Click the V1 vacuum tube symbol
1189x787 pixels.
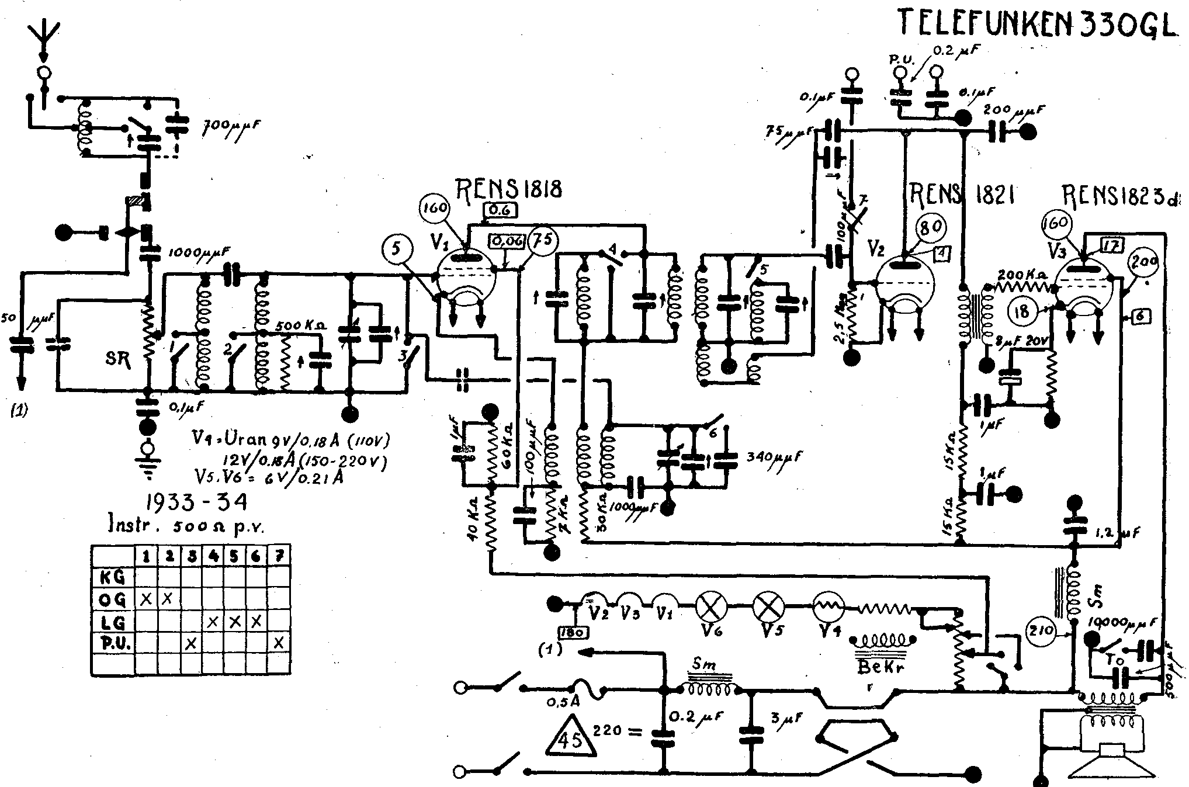466,276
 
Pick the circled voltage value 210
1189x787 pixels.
1041,630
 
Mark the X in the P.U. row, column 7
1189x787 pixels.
279,643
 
